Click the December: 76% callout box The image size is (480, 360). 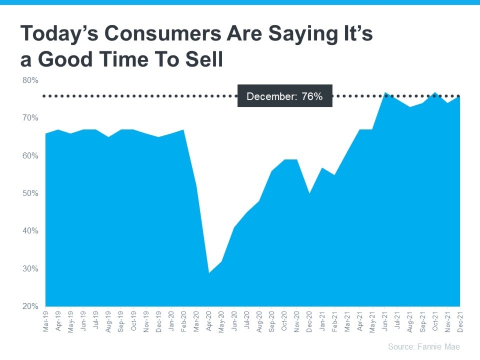(285, 96)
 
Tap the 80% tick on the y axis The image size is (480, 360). (30, 80)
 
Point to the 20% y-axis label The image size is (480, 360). (30, 306)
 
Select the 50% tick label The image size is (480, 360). (30, 193)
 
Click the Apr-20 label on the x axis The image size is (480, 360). (209, 321)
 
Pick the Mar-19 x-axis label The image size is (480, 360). (46, 321)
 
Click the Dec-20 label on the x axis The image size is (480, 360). (309, 321)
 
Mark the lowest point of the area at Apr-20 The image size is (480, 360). (209, 272)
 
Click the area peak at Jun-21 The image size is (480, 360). (385, 93)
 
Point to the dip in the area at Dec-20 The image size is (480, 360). (309, 193)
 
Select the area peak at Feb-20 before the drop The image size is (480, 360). (184, 130)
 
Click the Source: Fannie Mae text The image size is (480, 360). (424, 347)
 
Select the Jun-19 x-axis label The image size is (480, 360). (83, 321)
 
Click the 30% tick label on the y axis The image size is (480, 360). (30, 269)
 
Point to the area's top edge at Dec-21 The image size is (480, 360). (459, 96)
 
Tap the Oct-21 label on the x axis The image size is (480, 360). (435, 321)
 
